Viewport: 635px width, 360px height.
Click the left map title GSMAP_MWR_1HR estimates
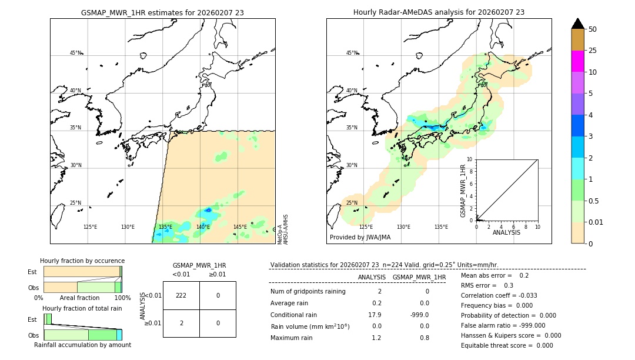pyautogui.click(x=162, y=12)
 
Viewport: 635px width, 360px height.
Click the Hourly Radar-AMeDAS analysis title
pyautogui.click(x=439, y=12)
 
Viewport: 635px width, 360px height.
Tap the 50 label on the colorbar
pyautogui.click(x=593, y=29)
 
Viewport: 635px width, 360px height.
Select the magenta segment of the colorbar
pyautogui.click(x=577, y=61)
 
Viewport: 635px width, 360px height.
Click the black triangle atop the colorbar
pyautogui.click(x=577, y=24)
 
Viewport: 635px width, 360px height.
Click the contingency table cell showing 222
pyautogui.click(x=181, y=295)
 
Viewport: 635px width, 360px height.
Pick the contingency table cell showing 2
pyautogui.click(x=181, y=323)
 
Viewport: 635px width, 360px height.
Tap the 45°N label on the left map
pyautogui.click(x=76, y=53)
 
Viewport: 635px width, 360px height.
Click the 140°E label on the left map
pyautogui.click(x=203, y=227)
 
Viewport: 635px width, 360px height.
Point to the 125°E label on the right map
pyautogui.click(x=366, y=227)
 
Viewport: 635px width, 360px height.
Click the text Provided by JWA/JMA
pyautogui.click(x=360, y=238)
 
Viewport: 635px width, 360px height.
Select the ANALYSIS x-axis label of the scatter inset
pyautogui.click(x=507, y=233)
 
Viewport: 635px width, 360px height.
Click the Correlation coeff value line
pyautogui.click(x=499, y=295)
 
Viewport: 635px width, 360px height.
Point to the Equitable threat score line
pyautogui.click(x=507, y=345)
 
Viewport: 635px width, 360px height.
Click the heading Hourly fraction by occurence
pyautogui.click(x=82, y=261)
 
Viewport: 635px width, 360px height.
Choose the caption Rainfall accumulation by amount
pyautogui.click(x=82, y=345)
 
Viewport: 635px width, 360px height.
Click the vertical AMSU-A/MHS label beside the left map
pyautogui.click(x=286, y=229)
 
